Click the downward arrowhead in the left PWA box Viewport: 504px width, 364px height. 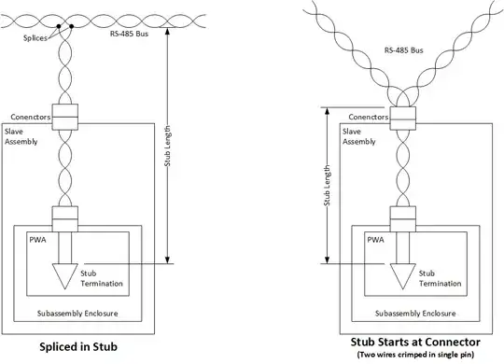pyautogui.click(x=65, y=276)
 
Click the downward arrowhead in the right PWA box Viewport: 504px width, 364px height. pyautogui.click(x=403, y=276)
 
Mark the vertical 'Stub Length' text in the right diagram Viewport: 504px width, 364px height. pyautogui.click(x=326, y=186)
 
